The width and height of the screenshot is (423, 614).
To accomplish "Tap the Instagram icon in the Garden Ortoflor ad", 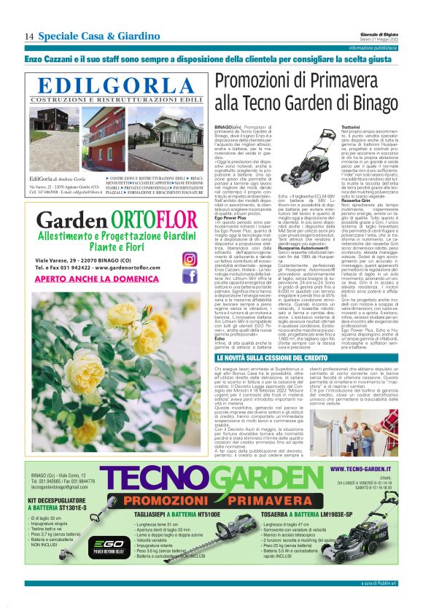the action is tap(190, 259).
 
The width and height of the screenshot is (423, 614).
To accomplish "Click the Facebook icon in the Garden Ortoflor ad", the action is tap(190, 276).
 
